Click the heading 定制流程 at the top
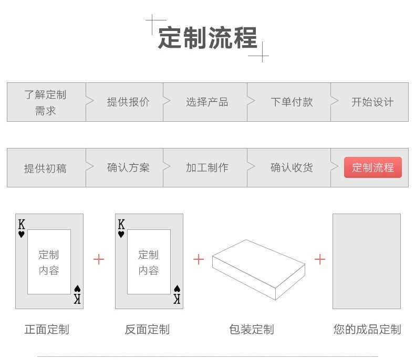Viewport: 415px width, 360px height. click(x=207, y=38)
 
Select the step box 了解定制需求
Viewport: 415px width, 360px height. click(x=46, y=102)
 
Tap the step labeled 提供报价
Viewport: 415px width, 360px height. click(x=128, y=102)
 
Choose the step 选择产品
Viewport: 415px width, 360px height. click(x=207, y=102)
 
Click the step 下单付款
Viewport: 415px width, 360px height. click(x=292, y=102)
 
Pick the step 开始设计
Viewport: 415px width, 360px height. click(x=372, y=102)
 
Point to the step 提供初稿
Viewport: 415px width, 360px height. click(x=45, y=168)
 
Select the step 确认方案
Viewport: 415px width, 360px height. click(x=128, y=168)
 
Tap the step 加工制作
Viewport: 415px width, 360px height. click(x=207, y=168)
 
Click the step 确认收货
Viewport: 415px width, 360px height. click(x=292, y=168)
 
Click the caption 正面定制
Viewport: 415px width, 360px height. click(x=47, y=330)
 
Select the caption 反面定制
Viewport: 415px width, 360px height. click(x=147, y=330)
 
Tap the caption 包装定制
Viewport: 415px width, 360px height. click(x=251, y=330)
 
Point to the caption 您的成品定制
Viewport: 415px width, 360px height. click(x=367, y=330)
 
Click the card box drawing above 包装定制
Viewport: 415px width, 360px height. click(x=258, y=269)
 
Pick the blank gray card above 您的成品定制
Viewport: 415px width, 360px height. click(x=366, y=261)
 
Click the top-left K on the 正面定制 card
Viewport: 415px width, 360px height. click(x=22, y=225)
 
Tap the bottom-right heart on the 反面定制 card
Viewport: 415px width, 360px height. click(x=177, y=289)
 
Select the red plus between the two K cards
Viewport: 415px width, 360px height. click(x=99, y=259)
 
